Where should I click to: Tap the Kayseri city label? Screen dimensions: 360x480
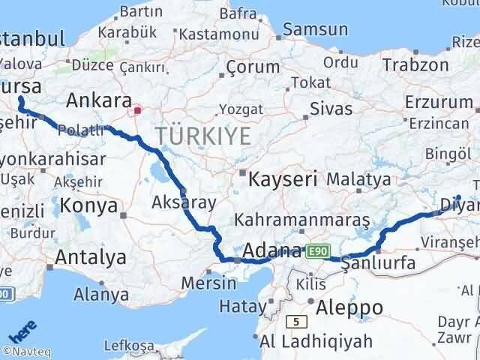click(282, 179)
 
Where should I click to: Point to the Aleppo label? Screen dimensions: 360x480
click(349, 307)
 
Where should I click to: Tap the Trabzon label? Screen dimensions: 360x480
click(415, 64)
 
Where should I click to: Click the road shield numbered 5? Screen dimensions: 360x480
click(298, 322)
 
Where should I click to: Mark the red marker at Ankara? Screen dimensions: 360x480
click(136, 110)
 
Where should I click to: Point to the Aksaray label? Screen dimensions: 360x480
click(184, 202)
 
